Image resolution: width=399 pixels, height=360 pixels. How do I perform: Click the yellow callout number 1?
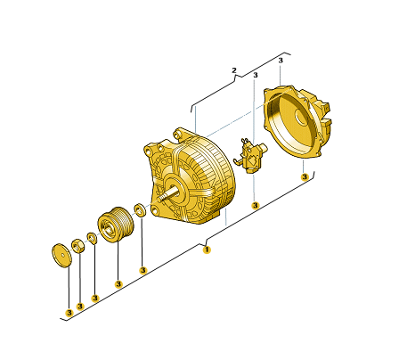click(207, 250)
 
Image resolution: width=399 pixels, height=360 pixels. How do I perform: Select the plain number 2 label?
click(234, 70)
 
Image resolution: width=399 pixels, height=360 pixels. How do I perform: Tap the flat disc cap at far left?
click(61, 256)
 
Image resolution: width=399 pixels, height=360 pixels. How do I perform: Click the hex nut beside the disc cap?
click(77, 246)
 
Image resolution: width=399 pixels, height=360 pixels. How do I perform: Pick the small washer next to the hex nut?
click(92, 238)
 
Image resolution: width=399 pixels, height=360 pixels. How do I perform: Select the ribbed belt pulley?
click(116, 225)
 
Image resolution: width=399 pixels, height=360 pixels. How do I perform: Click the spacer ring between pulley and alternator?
click(140, 209)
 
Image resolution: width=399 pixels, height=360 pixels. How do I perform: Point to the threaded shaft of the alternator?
click(169, 195)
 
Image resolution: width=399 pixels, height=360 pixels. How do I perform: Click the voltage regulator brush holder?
click(251, 156)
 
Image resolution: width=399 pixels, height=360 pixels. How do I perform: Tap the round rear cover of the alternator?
click(297, 121)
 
